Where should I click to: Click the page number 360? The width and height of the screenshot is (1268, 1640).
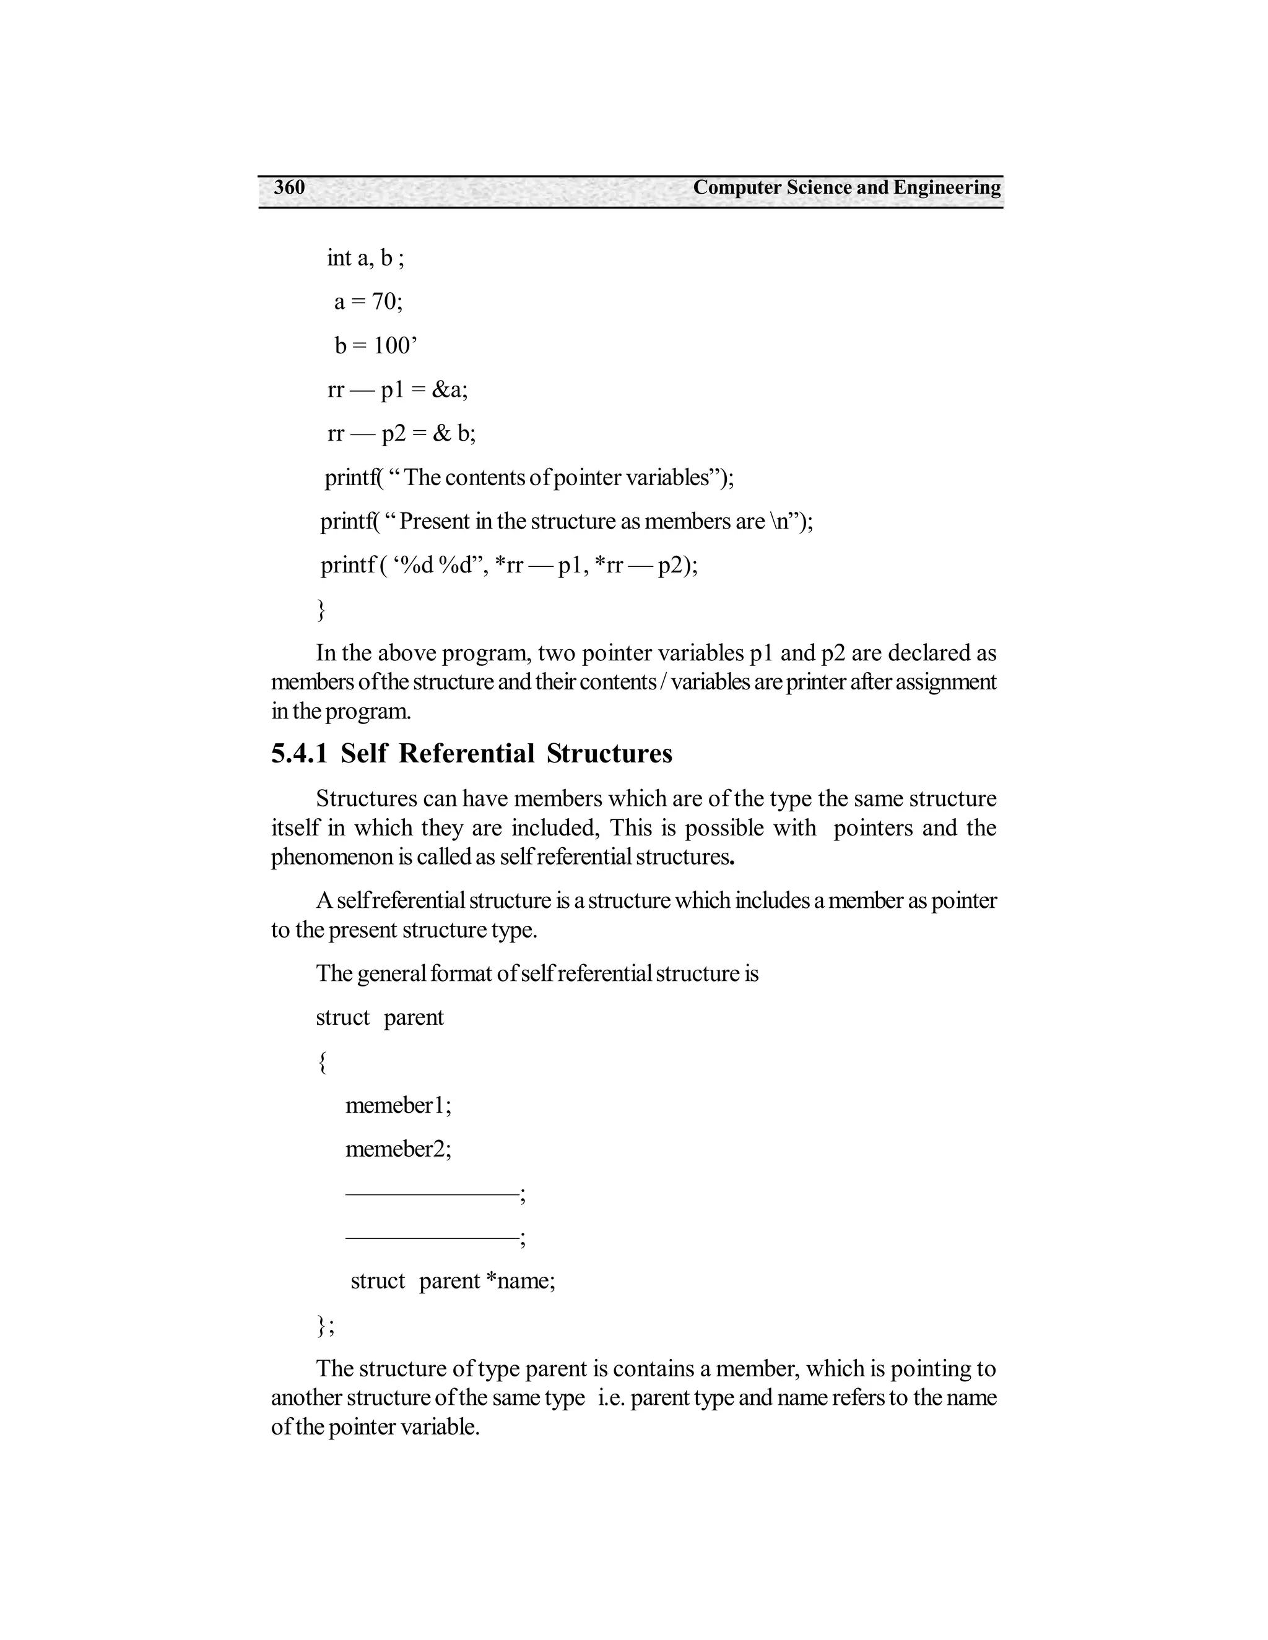click(289, 187)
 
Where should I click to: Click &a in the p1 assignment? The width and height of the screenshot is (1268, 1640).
click(449, 390)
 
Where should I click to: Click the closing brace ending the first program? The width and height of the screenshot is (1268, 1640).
click(321, 609)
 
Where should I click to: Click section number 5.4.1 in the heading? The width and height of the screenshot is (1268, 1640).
click(299, 753)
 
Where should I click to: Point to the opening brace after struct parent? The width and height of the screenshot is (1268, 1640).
click(321, 1063)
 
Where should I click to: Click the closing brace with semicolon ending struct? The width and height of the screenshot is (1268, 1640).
click(324, 1326)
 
